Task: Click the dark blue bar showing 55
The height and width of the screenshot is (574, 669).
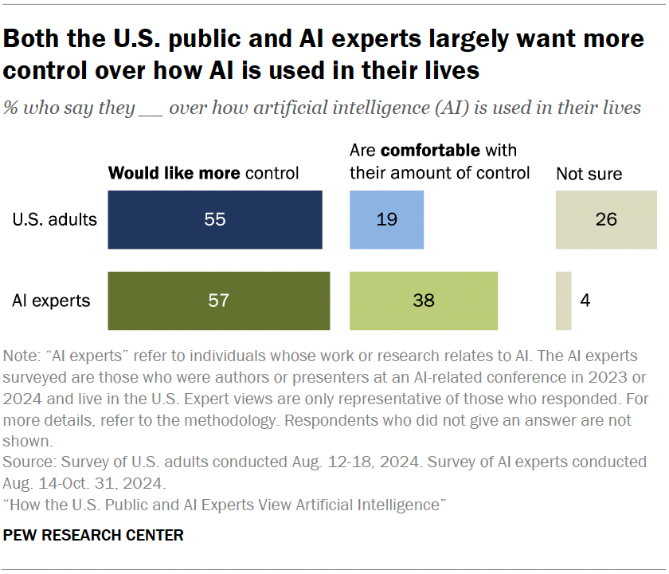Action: pos(215,220)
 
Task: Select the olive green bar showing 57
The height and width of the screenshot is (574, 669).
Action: pos(219,301)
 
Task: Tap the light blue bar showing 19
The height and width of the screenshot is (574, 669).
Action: pos(386,220)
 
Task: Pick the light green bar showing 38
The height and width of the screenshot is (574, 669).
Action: pos(424,301)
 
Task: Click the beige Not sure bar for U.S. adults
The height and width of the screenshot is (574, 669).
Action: pos(606,220)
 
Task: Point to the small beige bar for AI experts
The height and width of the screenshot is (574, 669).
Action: pos(563,301)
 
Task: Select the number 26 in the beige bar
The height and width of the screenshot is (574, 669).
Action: pos(606,220)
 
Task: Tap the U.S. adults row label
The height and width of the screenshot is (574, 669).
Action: pos(54,220)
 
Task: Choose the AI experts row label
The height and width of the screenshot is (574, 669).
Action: pos(51,301)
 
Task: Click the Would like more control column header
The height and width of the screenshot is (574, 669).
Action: pos(203,173)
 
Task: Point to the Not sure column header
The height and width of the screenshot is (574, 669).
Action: pos(589,173)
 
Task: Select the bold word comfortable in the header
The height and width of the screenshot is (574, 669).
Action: pos(429,151)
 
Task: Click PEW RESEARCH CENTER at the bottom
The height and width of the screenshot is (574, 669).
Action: pos(93,535)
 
